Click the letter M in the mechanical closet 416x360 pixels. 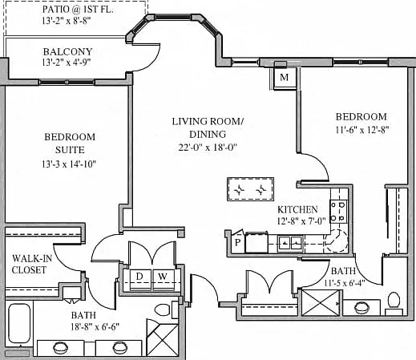(284, 77)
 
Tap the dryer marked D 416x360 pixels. (140, 280)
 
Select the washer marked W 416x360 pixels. (164, 280)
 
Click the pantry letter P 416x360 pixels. (237, 242)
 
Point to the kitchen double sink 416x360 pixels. (290, 244)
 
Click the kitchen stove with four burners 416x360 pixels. (338, 212)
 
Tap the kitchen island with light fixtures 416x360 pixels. (250, 189)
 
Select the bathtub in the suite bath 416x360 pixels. (19, 323)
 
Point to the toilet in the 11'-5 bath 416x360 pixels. (394, 303)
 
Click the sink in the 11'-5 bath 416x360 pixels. (361, 307)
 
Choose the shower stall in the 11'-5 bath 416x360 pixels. (321, 303)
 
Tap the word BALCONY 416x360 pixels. (68, 51)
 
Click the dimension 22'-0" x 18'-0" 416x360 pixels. (208, 147)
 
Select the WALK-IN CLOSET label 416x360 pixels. (31, 264)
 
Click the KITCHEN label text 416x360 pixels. (297, 209)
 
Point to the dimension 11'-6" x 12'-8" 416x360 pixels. (362, 130)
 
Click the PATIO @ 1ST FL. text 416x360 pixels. (78, 10)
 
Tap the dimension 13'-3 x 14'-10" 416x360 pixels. (69, 164)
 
